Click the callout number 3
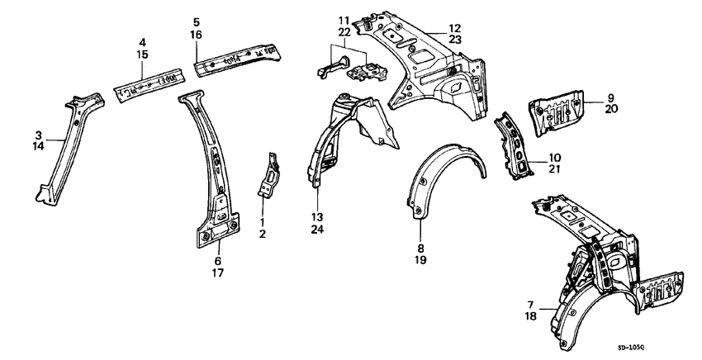pyautogui.click(x=39, y=135)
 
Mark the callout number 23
pyautogui.click(x=455, y=40)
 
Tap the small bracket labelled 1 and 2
pyautogui.click(x=269, y=176)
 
